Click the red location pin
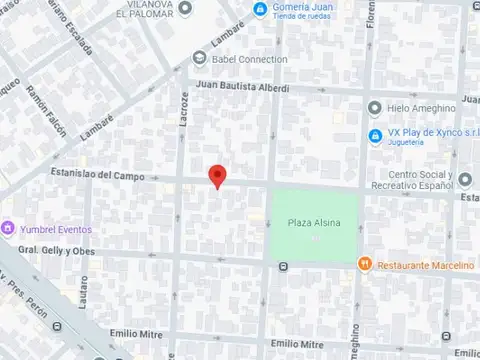pyautogui.click(x=217, y=176)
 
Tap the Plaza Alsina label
pyautogui.click(x=313, y=222)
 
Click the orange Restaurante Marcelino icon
pyautogui.click(x=365, y=264)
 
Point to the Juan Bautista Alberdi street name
pyautogui.click(x=242, y=87)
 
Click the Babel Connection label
pyautogui.click(x=249, y=58)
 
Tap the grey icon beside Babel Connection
pyautogui.click(x=197, y=58)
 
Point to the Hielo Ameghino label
pyautogui.click(x=420, y=108)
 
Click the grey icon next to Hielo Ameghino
pyautogui.click(x=374, y=108)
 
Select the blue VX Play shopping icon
pyautogui.click(x=374, y=135)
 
